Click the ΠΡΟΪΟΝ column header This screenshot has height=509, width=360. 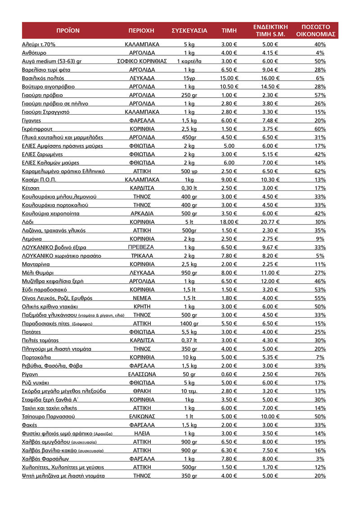tap(67, 31)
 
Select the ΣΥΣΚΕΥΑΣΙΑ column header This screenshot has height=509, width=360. tap(189, 31)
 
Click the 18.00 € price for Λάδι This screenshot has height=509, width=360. tap(229, 222)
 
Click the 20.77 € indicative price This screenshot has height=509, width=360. tap(270, 222)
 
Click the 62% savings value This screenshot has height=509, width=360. tap(320, 171)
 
